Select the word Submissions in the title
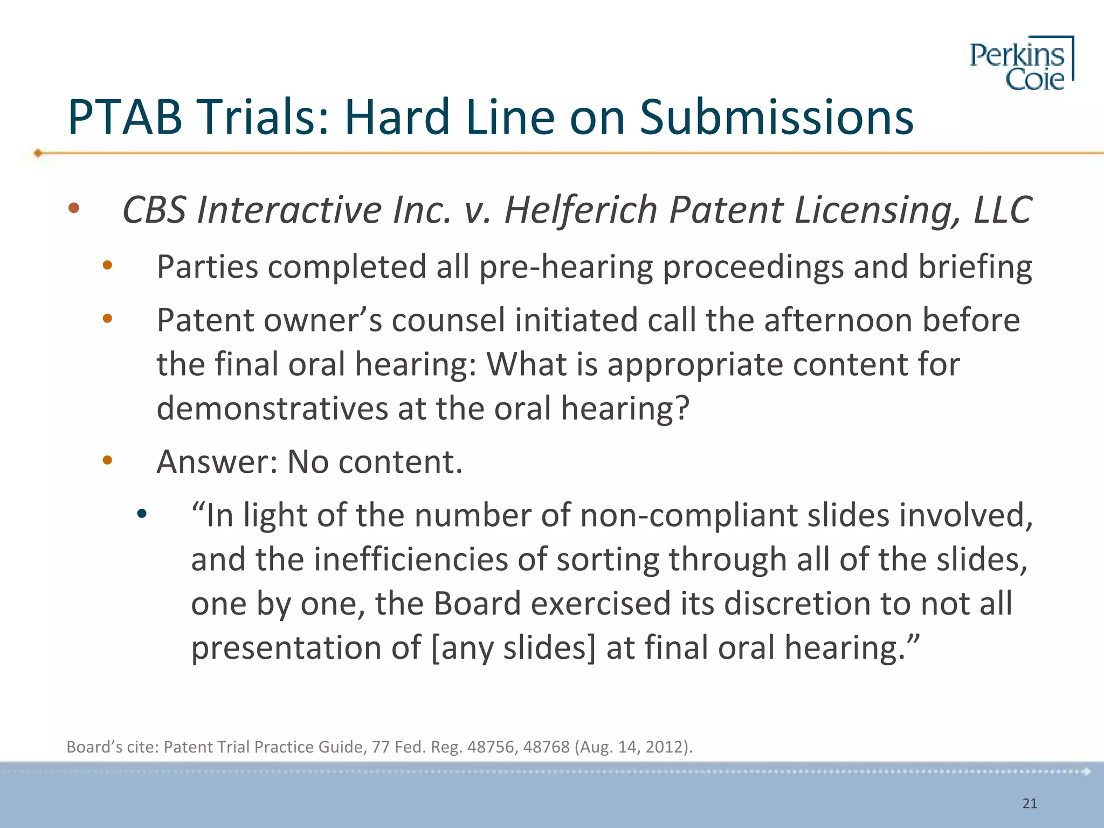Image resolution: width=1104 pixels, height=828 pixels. (x=776, y=117)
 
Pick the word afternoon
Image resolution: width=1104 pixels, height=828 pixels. (x=838, y=320)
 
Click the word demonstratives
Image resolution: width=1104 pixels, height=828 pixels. (x=272, y=408)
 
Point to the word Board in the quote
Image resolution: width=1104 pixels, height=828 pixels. (x=477, y=603)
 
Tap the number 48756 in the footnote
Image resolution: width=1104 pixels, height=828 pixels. (x=490, y=747)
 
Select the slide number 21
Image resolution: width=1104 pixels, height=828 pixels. (x=1030, y=804)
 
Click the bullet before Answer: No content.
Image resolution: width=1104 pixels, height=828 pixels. (x=107, y=460)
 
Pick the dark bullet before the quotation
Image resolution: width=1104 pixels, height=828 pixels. (x=141, y=514)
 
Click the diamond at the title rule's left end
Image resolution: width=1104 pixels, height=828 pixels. (x=38, y=153)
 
